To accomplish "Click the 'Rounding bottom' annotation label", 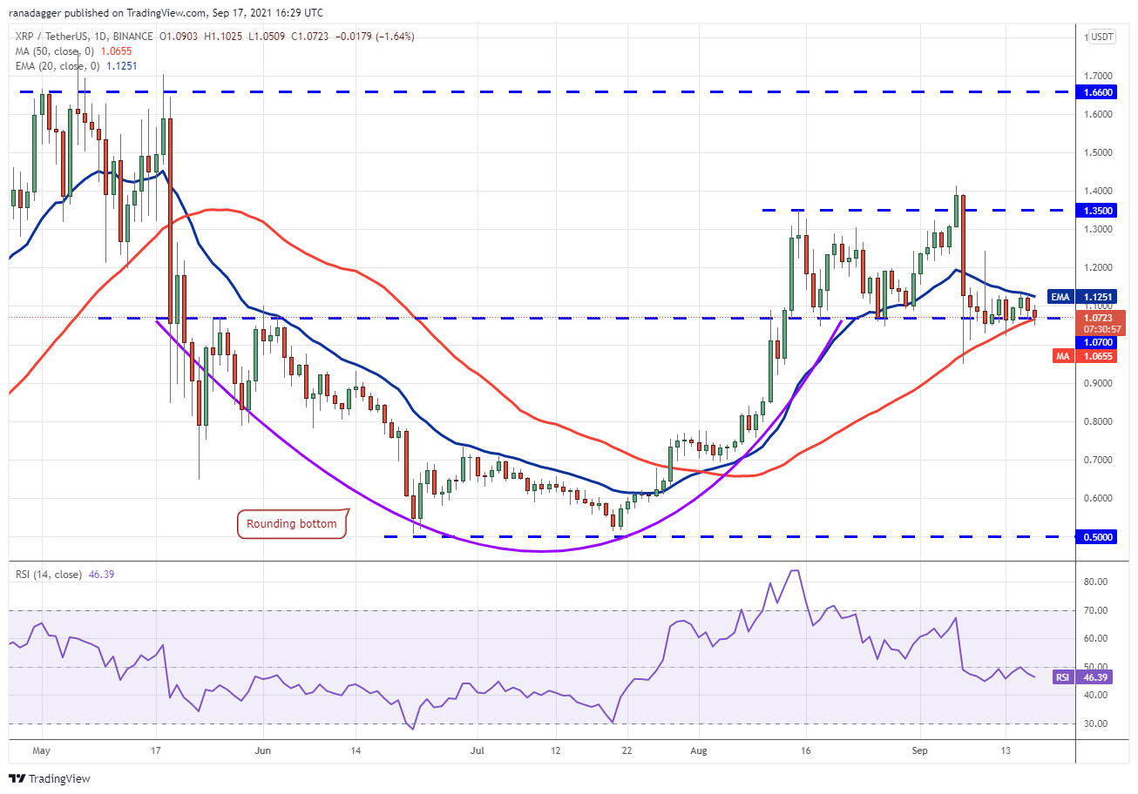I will point(292,524).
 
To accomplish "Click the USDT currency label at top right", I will point(1102,37).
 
